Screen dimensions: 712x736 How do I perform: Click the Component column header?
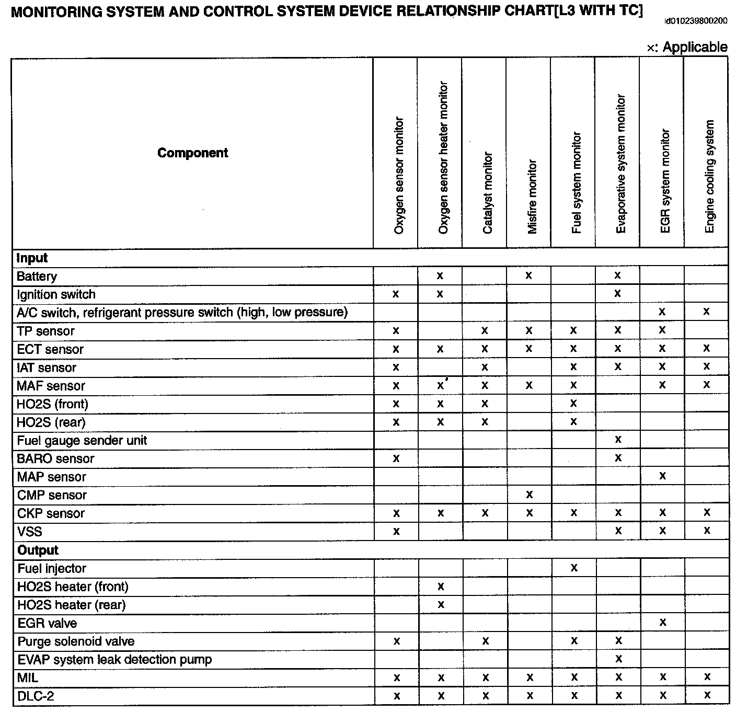192,153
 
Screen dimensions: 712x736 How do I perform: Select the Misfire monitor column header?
532,197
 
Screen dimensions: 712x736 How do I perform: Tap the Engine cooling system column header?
709,177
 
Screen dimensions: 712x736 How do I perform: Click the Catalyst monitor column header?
488,193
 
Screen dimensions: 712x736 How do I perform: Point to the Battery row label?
37,276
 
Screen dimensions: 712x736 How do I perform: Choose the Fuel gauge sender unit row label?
82,440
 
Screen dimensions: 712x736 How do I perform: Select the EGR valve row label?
47,623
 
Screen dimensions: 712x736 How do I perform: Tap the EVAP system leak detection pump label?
114,659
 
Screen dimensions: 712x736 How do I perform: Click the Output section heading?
38,550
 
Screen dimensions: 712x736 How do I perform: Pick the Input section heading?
32,258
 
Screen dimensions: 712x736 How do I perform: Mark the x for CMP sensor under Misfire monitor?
529,495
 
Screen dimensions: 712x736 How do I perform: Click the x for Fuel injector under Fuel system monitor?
574,568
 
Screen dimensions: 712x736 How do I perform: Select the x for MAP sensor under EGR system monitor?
662,476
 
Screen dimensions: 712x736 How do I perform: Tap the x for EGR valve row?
663,622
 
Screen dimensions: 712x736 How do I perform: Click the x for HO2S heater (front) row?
441,587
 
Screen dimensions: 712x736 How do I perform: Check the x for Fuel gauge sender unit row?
618,440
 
